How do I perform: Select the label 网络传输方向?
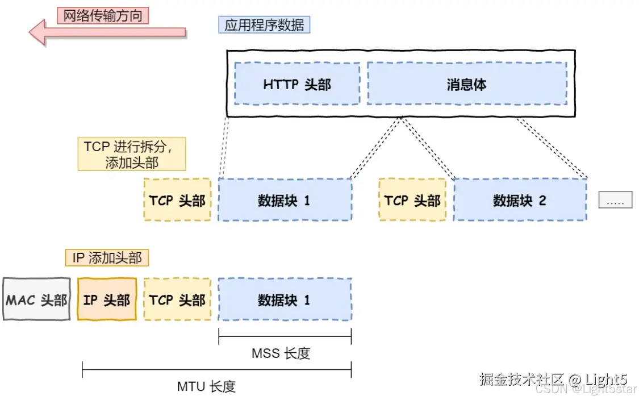102,15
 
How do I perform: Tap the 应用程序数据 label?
264,25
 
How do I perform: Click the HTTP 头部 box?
296,84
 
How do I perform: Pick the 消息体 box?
466,84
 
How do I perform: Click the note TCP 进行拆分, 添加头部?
132,154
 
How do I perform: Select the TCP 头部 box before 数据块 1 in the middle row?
177,200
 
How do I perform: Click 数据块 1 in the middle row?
284,200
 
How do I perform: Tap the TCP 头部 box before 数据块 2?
412,200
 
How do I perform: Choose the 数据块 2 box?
519,200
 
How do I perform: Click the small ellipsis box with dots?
615,200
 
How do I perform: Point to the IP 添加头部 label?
107,258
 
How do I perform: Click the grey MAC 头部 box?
36,299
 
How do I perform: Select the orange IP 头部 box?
107,299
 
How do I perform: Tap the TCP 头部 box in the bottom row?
177,299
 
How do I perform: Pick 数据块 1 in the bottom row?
284,299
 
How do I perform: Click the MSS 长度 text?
281,353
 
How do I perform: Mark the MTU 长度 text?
206,387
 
